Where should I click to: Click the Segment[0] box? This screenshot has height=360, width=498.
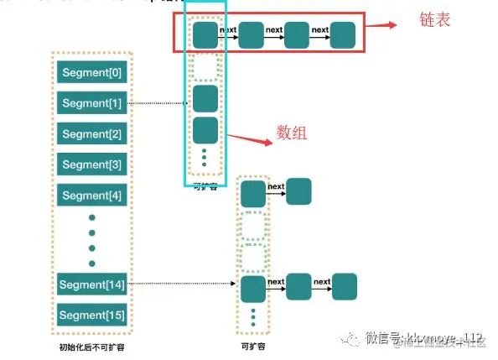(x=92, y=73)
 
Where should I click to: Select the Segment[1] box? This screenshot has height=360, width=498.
(x=92, y=104)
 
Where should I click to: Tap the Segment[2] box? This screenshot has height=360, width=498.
(x=92, y=134)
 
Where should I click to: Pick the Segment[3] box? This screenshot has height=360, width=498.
(x=92, y=164)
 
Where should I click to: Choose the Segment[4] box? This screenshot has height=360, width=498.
(x=92, y=196)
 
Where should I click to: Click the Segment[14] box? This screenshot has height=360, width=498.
(x=92, y=285)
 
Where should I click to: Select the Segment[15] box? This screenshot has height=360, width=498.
(x=92, y=316)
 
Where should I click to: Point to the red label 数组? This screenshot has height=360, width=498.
(x=293, y=133)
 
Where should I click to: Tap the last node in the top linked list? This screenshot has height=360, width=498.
(x=342, y=35)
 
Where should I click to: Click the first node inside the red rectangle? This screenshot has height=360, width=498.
(x=205, y=35)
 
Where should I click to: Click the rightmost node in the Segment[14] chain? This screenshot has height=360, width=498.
(x=345, y=287)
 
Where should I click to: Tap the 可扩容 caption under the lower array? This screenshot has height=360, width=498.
(x=252, y=344)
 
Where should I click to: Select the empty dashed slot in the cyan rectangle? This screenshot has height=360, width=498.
(x=205, y=66)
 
